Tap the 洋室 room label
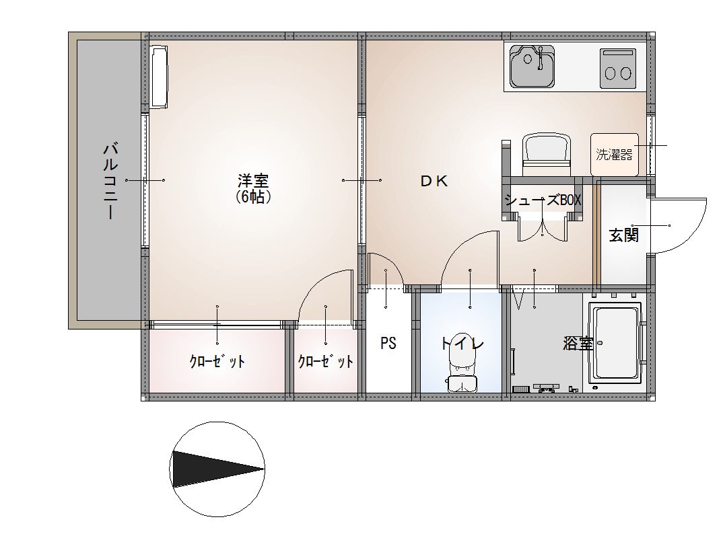coord(253,181)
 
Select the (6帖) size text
coord(253,197)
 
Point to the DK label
coord(434,181)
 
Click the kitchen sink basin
coord(532,67)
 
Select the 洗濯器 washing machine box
coord(614,154)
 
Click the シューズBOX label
coord(542,200)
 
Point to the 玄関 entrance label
coord(623,235)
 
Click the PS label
coord(388,343)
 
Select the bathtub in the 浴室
coord(615,343)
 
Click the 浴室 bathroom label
coord(578,343)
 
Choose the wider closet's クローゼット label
coord(217,362)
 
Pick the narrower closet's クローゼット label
coord(325,362)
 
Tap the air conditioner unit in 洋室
coord(158,76)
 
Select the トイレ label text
coord(462,343)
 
